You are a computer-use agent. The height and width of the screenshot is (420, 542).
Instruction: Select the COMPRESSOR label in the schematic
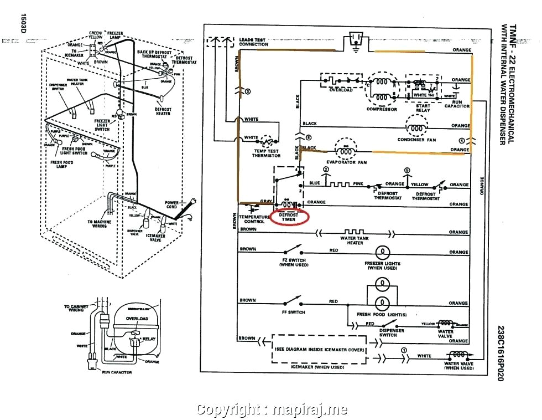[x=382, y=109]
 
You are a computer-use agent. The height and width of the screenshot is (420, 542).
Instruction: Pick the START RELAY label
[x=423, y=107]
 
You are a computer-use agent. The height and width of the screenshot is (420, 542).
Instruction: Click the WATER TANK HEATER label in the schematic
[x=355, y=239]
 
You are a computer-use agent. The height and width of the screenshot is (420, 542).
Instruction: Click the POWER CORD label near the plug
[x=171, y=205]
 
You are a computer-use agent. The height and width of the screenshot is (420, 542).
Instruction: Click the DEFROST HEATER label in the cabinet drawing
[x=163, y=112]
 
